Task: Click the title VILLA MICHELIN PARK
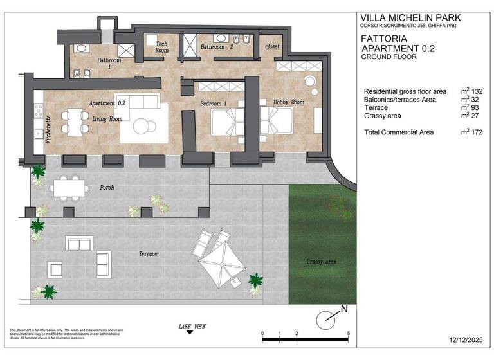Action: (410, 17)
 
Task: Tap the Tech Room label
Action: (162, 47)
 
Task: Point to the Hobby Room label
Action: (288, 102)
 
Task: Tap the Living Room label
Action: (106, 119)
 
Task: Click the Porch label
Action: (107, 188)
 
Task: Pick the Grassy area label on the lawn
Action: (322, 262)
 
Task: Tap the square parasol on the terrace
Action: (221, 264)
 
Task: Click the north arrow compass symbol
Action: (329, 317)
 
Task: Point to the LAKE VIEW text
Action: (192, 327)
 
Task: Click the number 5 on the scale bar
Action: (347, 333)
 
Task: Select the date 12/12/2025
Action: (465, 339)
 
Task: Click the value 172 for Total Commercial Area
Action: (475, 132)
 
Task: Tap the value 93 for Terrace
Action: (473, 107)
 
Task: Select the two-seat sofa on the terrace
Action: (79, 243)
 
